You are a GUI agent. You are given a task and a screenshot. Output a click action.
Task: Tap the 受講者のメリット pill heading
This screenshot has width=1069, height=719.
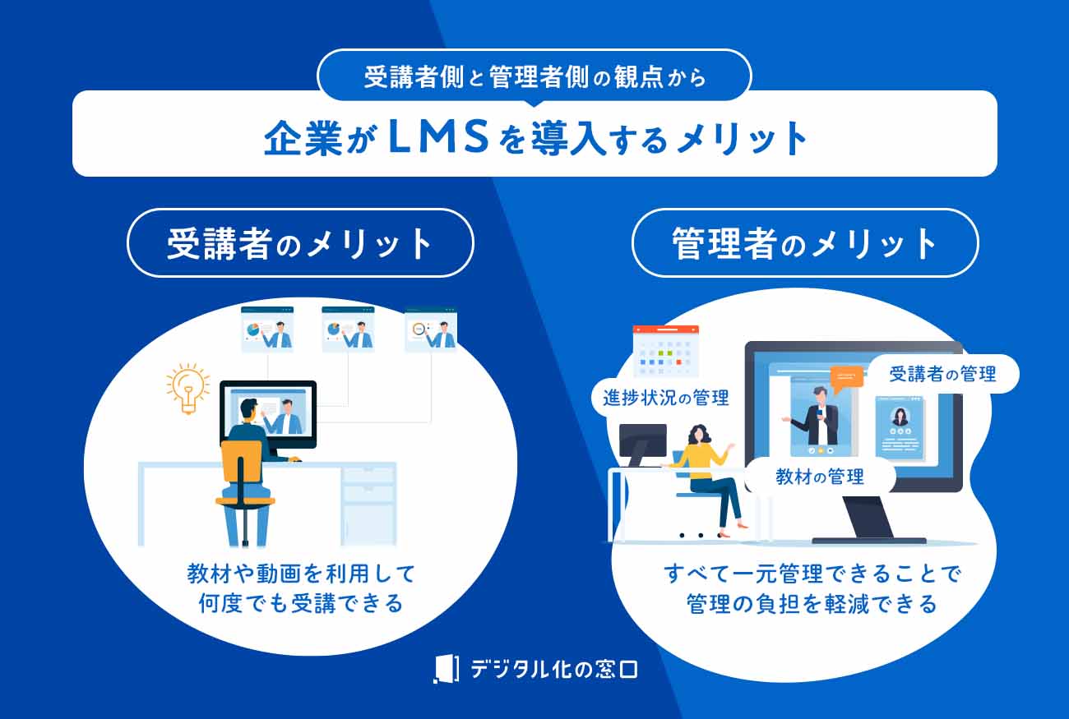pos(300,242)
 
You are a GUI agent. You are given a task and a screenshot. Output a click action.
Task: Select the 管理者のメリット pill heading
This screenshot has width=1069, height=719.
pos(804,242)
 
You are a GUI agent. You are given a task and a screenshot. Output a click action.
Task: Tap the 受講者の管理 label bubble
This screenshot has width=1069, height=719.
pos(942,375)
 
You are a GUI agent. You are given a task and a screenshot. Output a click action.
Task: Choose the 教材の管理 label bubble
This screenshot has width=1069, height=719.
pos(820,476)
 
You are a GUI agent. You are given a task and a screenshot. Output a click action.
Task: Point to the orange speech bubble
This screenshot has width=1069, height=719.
pos(847,376)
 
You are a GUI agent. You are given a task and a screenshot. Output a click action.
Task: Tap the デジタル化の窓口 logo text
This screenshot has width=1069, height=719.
pos(553,669)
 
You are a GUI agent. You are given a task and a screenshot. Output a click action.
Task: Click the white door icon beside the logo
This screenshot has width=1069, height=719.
pos(445,669)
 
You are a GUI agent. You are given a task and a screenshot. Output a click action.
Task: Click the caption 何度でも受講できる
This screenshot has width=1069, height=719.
pos(301,604)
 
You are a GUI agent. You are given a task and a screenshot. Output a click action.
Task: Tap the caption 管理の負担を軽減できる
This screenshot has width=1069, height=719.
pos(812,604)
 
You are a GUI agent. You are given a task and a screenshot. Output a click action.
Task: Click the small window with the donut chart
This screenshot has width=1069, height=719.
pos(429,330)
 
